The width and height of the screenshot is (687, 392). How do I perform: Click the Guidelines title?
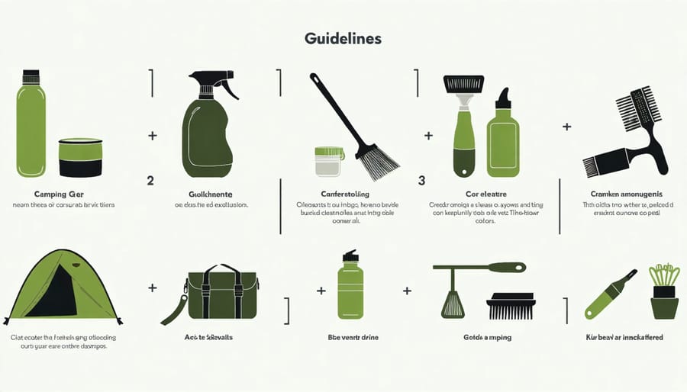click(x=344, y=37)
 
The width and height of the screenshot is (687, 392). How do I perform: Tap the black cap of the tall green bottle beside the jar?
click(x=31, y=76)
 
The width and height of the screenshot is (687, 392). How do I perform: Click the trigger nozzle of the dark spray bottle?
click(x=213, y=81)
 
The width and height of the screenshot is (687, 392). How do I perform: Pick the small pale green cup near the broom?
click(x=328, y=162)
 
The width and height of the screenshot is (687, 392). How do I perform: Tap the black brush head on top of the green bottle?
click(x=463, y=83)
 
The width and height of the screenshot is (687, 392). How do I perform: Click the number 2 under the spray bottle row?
click(x=150, y=182)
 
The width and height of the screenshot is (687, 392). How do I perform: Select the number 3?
click(x=421, y=182)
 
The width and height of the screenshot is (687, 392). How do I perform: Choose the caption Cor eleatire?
click(x=485, y=194)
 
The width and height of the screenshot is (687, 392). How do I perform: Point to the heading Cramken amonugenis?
click(x=626, y=194)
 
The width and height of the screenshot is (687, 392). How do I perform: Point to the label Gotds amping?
click(x=487, y=336)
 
